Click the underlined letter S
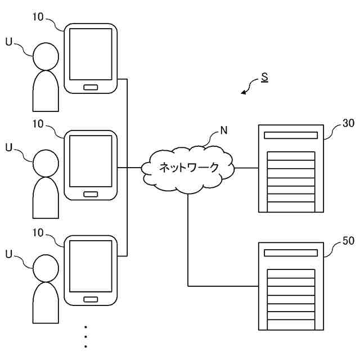pyautogui.click(x=265, y=78)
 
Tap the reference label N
pyautogui.click(x=224, y=130)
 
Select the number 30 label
pyautogui.click(x=348, y=123)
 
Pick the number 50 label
pyautogui.click(x=348, y=241)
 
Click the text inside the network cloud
pyautogui.click(x=189, y=168)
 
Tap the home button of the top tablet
pyautogui.click(x=91, y=87)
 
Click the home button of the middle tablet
pyautogui.click(x=91, y=194)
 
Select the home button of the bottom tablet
pyautogui.click(x=91, y=299)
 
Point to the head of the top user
pyautogui.click(x=46, y=56)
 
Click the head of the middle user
pyautogui.click(x=46, y=163)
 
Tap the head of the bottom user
pyautogui.click(x=46, y=268)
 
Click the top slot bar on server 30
pyautogui.click(x=291, y=135)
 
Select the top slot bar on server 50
pyautogui.click(x=291, y=253)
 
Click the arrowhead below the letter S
pyautogui.click(x=244, y=92)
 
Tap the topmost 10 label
pyautogui.click(x=38, y=17)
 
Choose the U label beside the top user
pyautogui.click(x=9, y=42)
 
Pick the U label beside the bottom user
pyautogui.click(x=9, y=254)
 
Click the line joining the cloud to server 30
pyautogui.click(x=246, y=168)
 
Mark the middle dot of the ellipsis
pyautogui.click(x=85, y=337)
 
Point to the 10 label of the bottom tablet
pyautogui.click(x=38, y=232)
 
